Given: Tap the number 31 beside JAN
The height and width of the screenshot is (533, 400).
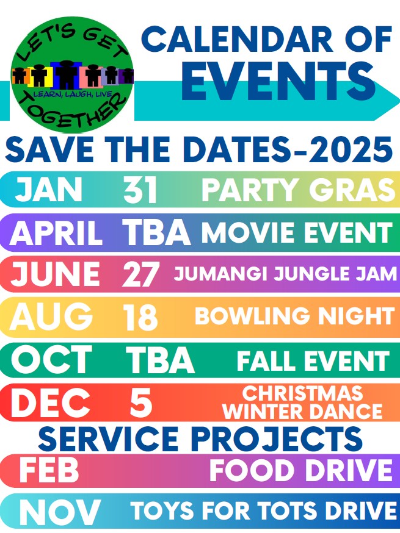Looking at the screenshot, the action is (140, 189).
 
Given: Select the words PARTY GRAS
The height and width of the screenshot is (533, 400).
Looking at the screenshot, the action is (300, 189).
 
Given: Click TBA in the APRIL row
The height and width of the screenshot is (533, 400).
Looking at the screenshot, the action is (156, 232).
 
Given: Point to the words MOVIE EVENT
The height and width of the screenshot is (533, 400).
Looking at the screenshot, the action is (297, 232).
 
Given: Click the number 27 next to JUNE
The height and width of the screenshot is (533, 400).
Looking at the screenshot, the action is (140, 274).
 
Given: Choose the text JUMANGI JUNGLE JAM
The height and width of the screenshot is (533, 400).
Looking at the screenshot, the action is (285, 274).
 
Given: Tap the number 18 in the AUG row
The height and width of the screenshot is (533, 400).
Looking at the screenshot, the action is (140, 317).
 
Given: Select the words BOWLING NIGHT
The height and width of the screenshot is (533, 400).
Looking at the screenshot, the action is (294, 316).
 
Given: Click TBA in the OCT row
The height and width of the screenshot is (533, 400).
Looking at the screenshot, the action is (160, 360).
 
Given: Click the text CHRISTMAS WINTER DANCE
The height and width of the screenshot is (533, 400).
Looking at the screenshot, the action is (302, 403).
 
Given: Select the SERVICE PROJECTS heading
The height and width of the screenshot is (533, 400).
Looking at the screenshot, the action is (200, 438).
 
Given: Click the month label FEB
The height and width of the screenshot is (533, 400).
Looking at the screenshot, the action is (49, 470).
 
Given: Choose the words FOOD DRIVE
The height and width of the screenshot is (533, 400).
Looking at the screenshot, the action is (301, 470).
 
